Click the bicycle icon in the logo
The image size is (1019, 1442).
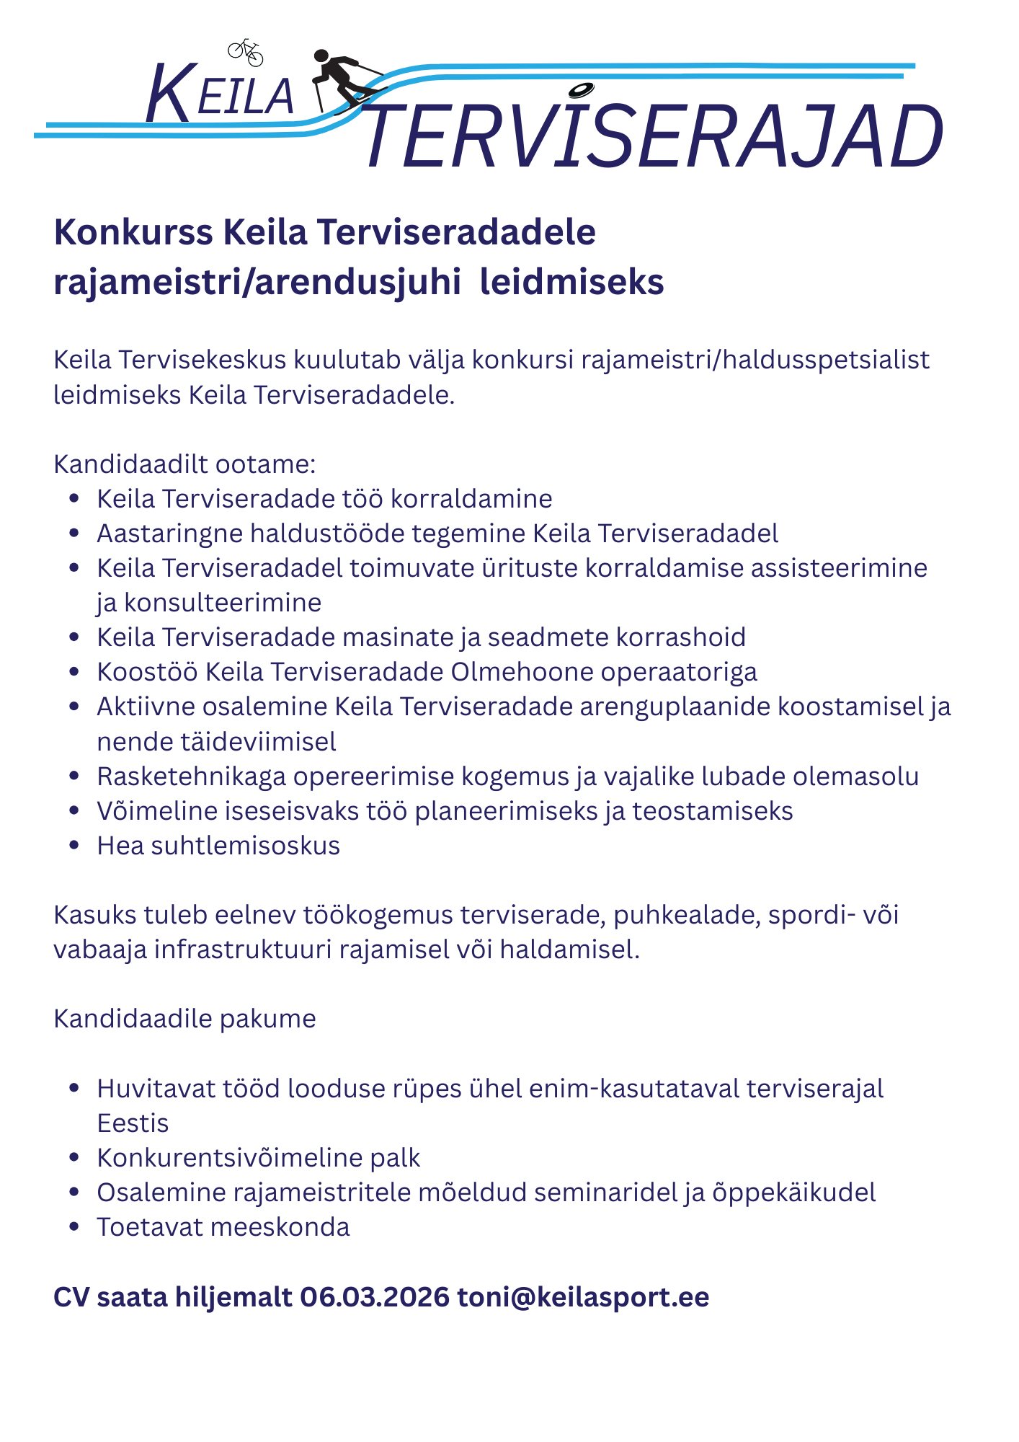pyautogui.click(x=246, y=51)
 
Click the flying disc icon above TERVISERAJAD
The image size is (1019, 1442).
pyautogui.click(x=580, y=90)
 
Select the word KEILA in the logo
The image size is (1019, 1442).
pyautogui.click(x=220, y=94)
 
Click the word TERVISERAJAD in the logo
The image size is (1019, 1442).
pyautogui.click(x=653, y=137)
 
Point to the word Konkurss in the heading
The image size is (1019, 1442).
pyautogui.click(x=133, y=233)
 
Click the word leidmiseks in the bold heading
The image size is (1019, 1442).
pyautogui.click(x=571, y=283)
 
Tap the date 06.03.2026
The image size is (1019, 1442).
pyautogui.click(x=375, y=1297)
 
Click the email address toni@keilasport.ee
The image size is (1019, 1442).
pyautogui.click(x=583, y=1297)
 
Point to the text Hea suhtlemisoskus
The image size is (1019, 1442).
pyautogui.click(x=218, y=846)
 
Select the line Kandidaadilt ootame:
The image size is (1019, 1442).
pyautogui.click(x=184, y=464)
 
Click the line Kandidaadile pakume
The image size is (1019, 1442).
pyautogui.click(x=184, y=1019)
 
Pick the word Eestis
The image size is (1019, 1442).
pyautogui.click(x=133, y=1123)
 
